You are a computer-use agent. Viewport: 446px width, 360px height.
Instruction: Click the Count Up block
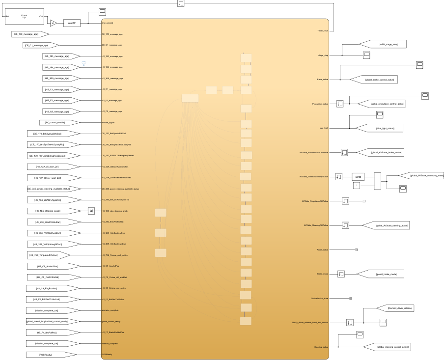click(x=24, y=16)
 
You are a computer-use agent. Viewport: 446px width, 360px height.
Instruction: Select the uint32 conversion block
click(x=72, y=23)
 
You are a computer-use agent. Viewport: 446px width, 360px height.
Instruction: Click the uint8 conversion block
click(x=358, y=177)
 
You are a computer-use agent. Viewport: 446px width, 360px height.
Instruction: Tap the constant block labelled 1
click(x=357, y=185)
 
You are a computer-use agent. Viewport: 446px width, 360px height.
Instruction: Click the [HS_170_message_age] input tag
click(x=31, y=34)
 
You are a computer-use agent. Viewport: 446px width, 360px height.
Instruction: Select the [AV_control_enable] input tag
click(x=58, y=122)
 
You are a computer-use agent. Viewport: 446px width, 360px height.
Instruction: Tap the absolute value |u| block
click(x=91, y=211)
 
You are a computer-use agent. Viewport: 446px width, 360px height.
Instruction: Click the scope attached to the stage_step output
click(x=366, y=55)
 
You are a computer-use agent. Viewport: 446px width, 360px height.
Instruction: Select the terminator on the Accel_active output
click(x=356, y=249)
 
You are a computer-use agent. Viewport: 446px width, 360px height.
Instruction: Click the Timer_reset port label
click(x=322, y=30)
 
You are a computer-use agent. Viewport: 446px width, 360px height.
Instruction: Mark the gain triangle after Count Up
click(x=54, y=23)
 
